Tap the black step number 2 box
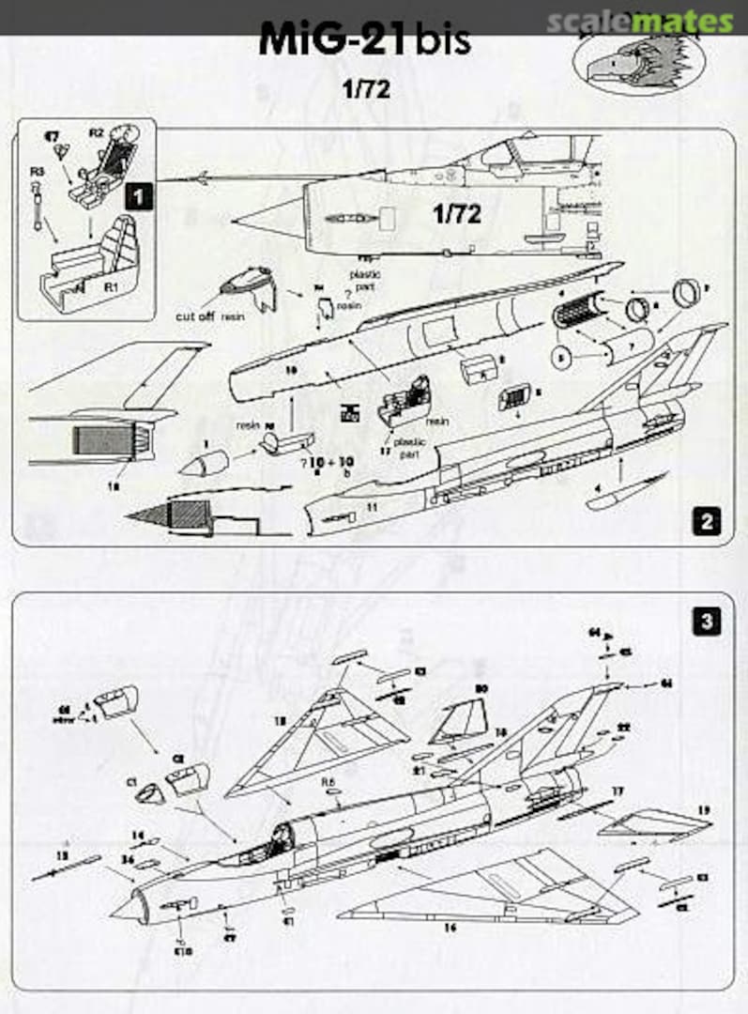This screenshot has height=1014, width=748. point(706,521)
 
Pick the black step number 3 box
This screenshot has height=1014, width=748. point(706,620)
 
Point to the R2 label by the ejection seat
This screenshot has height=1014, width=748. point(96,134)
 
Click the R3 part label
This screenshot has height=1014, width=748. point(37,172)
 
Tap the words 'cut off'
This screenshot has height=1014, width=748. point(196,316)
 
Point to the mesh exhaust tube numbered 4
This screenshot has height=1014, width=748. point(575,310)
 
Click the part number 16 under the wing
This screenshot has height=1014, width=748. point(450,927)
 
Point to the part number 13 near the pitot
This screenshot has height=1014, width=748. point(64,857)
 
